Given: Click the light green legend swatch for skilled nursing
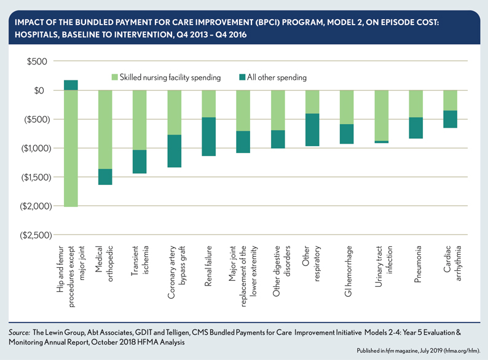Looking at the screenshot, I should click(115, 78).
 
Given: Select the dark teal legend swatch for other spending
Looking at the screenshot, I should click(242, 78).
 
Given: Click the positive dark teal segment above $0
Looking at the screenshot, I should click(71, 85).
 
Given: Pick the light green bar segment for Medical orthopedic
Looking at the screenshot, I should click(105, 129).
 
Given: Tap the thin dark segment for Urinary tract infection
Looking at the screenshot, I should click(382, 142).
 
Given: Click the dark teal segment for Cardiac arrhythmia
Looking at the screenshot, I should click(451, 119).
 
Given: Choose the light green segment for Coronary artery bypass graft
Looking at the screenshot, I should click(175, 112).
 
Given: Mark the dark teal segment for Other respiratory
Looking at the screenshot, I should click(312, 130).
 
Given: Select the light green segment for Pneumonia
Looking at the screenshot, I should click(416, 104).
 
